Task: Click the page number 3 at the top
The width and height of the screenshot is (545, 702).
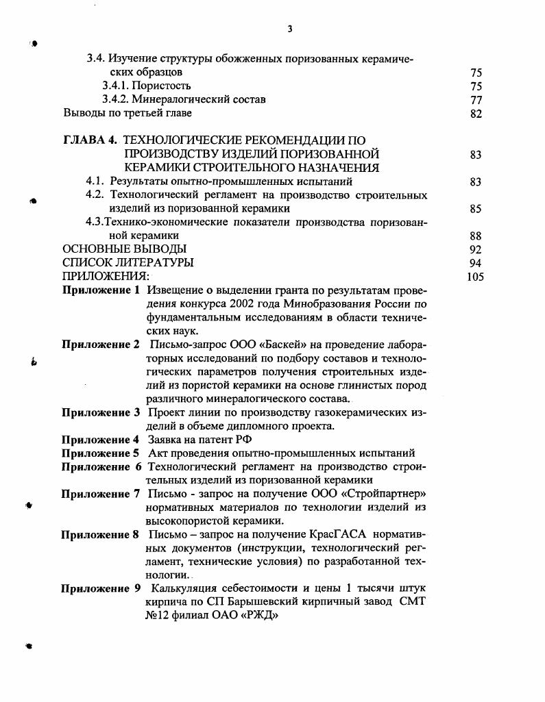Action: [290, 29]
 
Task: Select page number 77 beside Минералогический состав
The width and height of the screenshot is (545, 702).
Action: [476, 100]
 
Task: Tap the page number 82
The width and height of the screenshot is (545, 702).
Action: [476, 114]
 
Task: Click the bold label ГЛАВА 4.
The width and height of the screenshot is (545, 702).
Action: [89, 141]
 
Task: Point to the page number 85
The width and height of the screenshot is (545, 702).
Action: [476, 209]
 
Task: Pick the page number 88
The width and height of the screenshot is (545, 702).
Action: [476, 236]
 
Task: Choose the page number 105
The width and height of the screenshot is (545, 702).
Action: [474, 277]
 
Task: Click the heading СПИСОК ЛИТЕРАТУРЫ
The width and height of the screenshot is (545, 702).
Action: [128, 263]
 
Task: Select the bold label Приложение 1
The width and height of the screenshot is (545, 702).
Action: [101, 290]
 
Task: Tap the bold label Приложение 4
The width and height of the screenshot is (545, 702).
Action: [101, 440]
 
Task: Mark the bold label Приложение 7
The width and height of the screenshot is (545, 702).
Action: [101, 494]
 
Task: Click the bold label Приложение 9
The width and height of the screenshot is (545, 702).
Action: [101, 588]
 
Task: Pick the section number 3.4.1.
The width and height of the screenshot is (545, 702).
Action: [117, 86]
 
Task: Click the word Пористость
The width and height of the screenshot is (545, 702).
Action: [163, 86]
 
